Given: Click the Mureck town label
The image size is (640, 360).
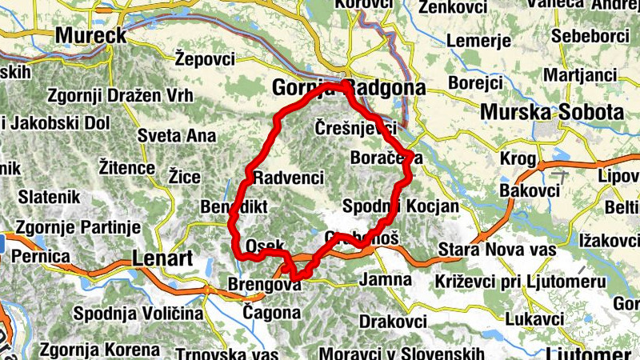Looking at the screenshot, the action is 91,35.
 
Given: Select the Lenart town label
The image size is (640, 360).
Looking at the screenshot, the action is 162,258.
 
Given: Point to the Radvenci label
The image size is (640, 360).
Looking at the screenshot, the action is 288,177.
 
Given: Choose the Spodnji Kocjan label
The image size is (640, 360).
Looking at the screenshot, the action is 400,206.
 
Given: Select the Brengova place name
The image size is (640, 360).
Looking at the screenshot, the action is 263,285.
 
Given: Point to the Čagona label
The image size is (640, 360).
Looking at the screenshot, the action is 271,312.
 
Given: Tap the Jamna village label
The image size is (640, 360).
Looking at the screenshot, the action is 386,280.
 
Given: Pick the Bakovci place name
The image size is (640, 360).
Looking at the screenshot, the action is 528,190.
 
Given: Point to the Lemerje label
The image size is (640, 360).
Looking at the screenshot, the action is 478,40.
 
